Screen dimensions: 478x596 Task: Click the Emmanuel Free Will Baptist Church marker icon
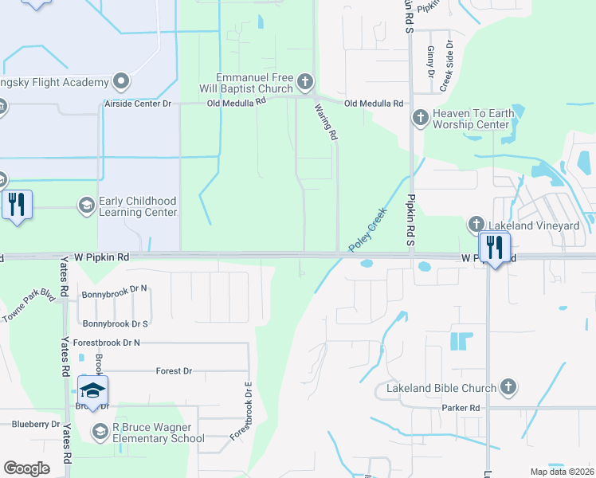(304, 81)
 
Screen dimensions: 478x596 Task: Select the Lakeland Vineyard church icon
(476, 225)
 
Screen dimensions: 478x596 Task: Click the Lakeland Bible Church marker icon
(508, 388)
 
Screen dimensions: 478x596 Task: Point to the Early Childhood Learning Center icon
(86, 206)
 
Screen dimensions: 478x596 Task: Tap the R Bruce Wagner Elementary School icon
(100, 432)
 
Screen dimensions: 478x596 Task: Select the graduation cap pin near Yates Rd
(92, 390)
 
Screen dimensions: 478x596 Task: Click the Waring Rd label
(325, 123)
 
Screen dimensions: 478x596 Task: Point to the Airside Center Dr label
(138, 104)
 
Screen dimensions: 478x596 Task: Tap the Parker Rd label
(461, 408)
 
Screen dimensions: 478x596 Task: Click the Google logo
(26, 468)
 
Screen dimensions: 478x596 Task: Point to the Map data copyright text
(561, 472)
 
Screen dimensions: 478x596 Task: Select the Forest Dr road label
(174, 371)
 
